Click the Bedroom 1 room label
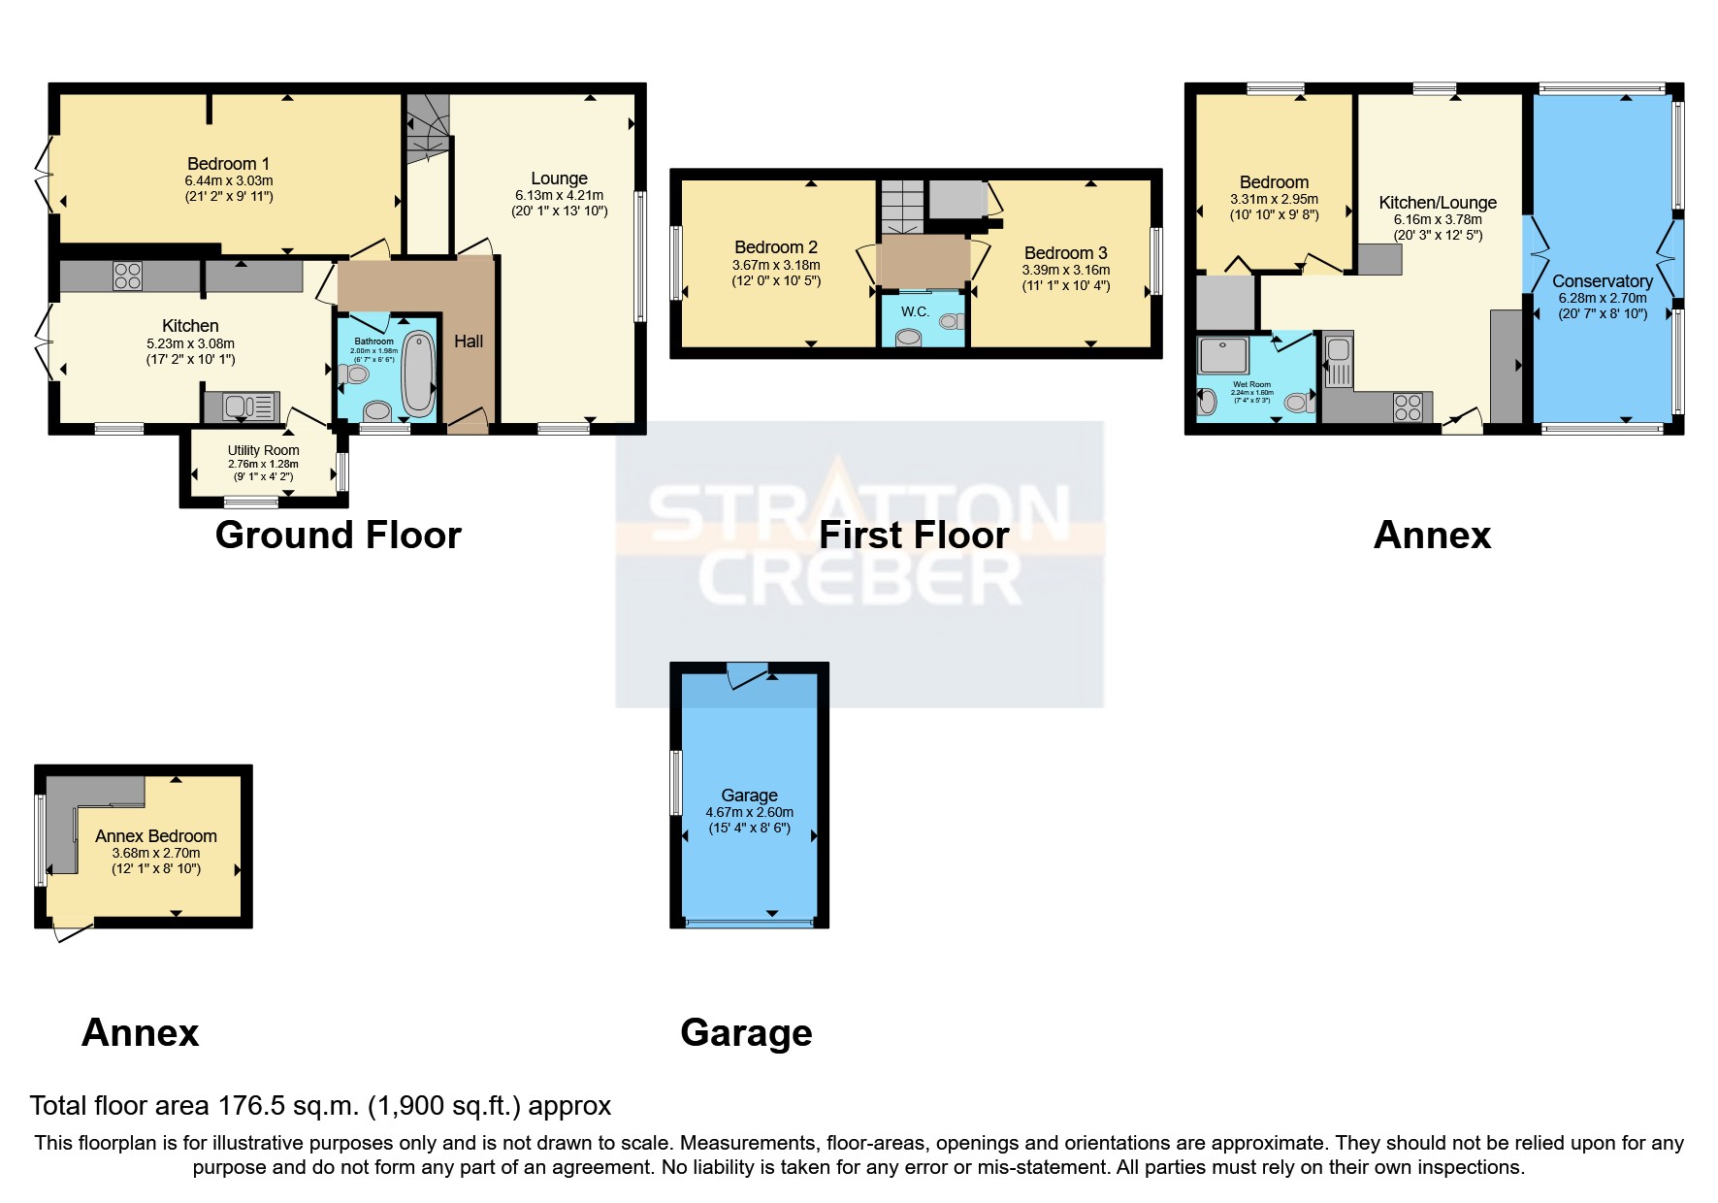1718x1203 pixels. click(x=228, y=164)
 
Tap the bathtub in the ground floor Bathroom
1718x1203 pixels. click(x=419, y=374)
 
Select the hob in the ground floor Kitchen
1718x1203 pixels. click(x=127, y=276)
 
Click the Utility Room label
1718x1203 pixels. click(x=263, y=450)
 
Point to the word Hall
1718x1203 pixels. click(x=469, y=341)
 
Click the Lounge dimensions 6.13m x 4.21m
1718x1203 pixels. click(x=559, y=195)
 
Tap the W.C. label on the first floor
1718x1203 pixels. click(x=915, y=312)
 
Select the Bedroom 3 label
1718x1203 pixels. click(x=1065, y=253)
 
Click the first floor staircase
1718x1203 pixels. click(x=903, y=206)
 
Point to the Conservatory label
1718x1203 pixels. click(x=1602, y=281)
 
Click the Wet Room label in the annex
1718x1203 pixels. click(x=1251, y=384)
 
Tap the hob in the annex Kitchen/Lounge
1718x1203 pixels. click(x=1408, y=407)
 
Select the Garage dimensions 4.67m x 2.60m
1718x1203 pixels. click(x=749, y=813)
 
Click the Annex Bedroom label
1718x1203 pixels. click(x=155, y=836)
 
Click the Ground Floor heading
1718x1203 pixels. click(x=338, y=536)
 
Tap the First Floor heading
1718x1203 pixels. click(x=913, y=536)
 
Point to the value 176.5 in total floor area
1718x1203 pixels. click(x=250, y=1106)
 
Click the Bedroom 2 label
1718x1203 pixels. click(x=775, y=247)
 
